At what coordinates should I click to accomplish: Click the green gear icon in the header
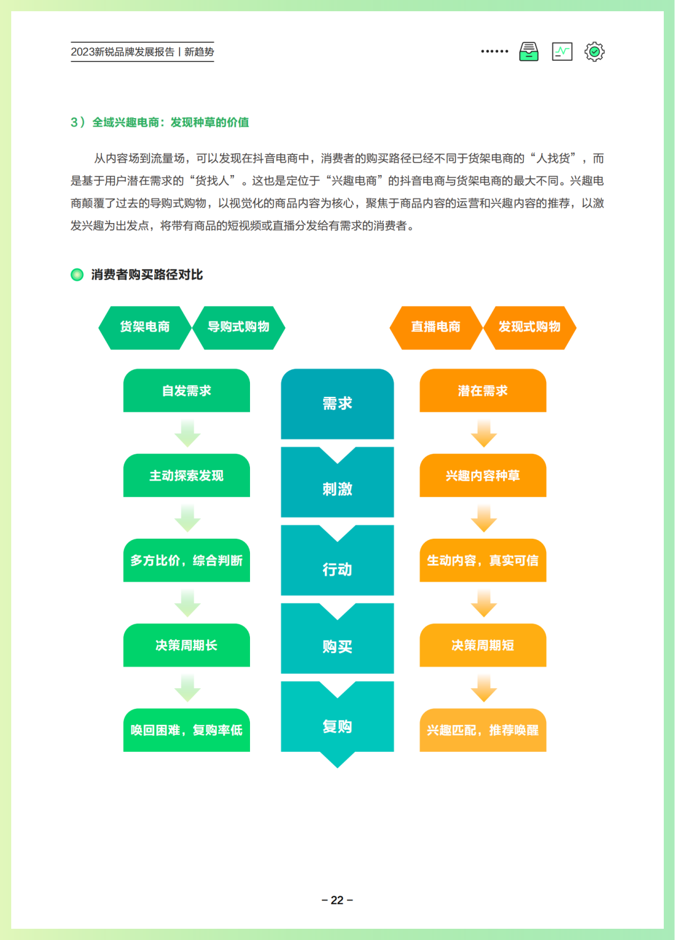click(x=594, y=52)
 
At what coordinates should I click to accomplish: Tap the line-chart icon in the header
click(x=562, y=52)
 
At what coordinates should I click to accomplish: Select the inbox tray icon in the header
click(x=529, y=52)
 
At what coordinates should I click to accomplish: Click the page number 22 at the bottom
click(x=337, y=900)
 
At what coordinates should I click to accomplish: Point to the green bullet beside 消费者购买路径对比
click(x=77, y=274)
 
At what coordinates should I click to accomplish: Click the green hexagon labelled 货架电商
click(x=145, y=327)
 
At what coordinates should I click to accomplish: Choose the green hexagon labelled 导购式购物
click(x=238, y=327)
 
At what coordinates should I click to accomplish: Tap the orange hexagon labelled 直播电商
click(x=436, y=327)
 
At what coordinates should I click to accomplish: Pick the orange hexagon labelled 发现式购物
click(x=529, y=327)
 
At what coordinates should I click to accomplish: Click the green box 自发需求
click(x=186, y=391)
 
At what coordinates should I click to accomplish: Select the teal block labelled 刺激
click(x=337, y=488)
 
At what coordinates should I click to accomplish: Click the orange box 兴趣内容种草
click(x=482, y=476)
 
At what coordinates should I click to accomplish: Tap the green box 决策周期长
click(x=186, y=645)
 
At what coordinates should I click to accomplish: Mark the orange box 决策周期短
click(x=482, y=645)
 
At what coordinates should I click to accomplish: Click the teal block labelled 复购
click(x=337, y=726)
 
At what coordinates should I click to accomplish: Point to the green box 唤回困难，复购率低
click(x=186, y=730)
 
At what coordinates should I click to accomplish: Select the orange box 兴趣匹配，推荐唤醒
click(x=482, y=730)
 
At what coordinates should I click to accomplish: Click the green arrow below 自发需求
click(x=187, y=433)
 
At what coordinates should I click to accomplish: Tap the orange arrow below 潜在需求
click(x=483, y=433)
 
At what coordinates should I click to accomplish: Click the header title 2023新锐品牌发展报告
click(x=122, y=52)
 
